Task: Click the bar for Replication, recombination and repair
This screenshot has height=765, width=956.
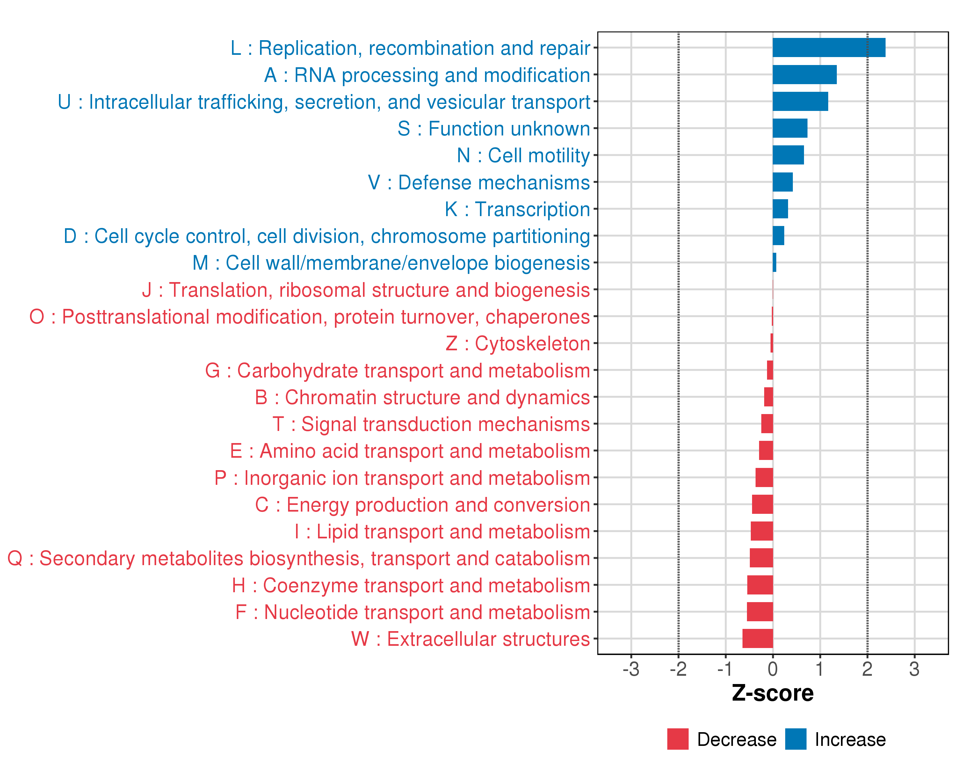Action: (829, 47)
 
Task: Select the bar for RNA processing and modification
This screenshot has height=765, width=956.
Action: (804, 75)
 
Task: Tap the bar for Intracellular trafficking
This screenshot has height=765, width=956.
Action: (800, 102)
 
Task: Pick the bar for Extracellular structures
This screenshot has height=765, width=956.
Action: (757, 638)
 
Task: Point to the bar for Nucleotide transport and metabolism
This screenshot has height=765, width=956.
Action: (760, 612)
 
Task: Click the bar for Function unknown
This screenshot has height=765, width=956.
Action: (790, 128)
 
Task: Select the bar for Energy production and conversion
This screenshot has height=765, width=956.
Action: (762, 504)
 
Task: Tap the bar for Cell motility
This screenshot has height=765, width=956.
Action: (788, 155)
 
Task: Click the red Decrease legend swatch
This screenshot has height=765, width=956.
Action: (677, 739)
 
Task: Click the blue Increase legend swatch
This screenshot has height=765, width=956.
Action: (795, 739)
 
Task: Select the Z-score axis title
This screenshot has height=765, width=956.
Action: (772, 693)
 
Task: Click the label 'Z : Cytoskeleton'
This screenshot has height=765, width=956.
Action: (518, 344)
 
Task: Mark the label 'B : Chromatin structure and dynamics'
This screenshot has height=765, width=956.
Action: (422, 397)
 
